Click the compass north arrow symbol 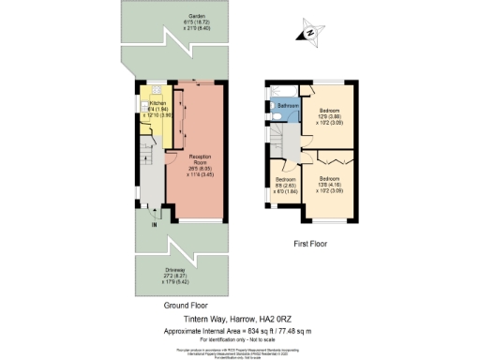click(307, 36)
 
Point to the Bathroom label click(287, 107)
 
